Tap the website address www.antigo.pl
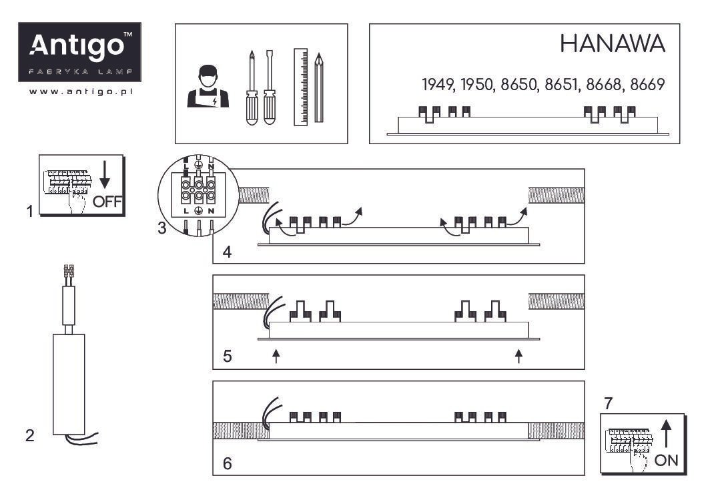tap(81, 91)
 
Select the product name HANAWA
tap(613, 44)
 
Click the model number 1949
tap(438, 84)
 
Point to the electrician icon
tap(208, 87)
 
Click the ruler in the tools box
tap(301, 87)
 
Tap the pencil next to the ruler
tap(319, 88)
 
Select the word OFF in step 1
tap(107, 202)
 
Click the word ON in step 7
tap(667, 460)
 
